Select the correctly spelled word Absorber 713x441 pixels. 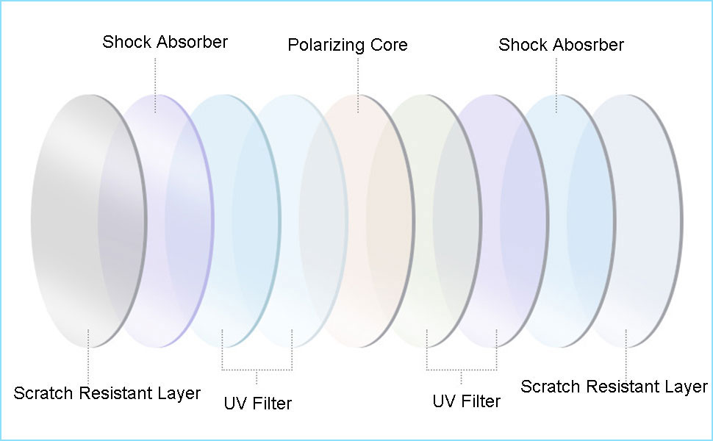tap(190, 41)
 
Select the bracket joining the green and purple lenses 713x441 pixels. tap(462, 369)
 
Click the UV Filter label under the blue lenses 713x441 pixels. tap(257, 404)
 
